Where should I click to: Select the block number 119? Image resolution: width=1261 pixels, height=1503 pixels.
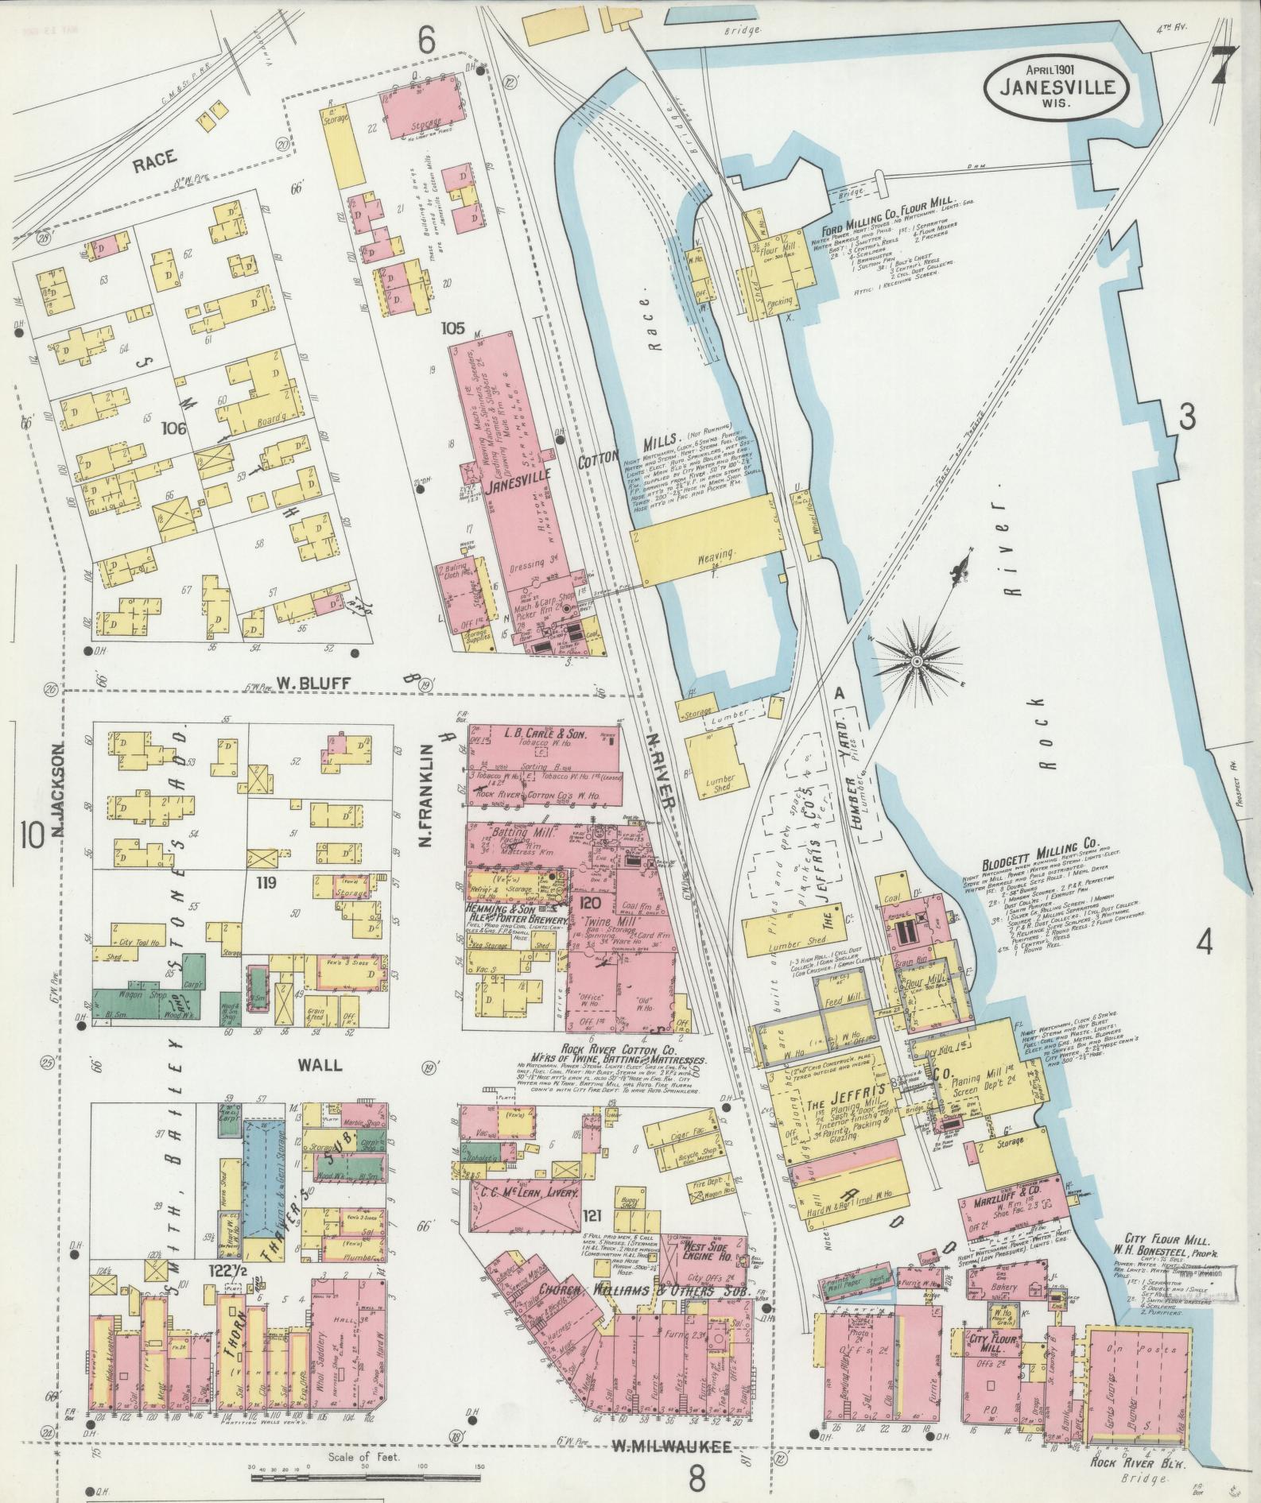pos(266,882)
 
